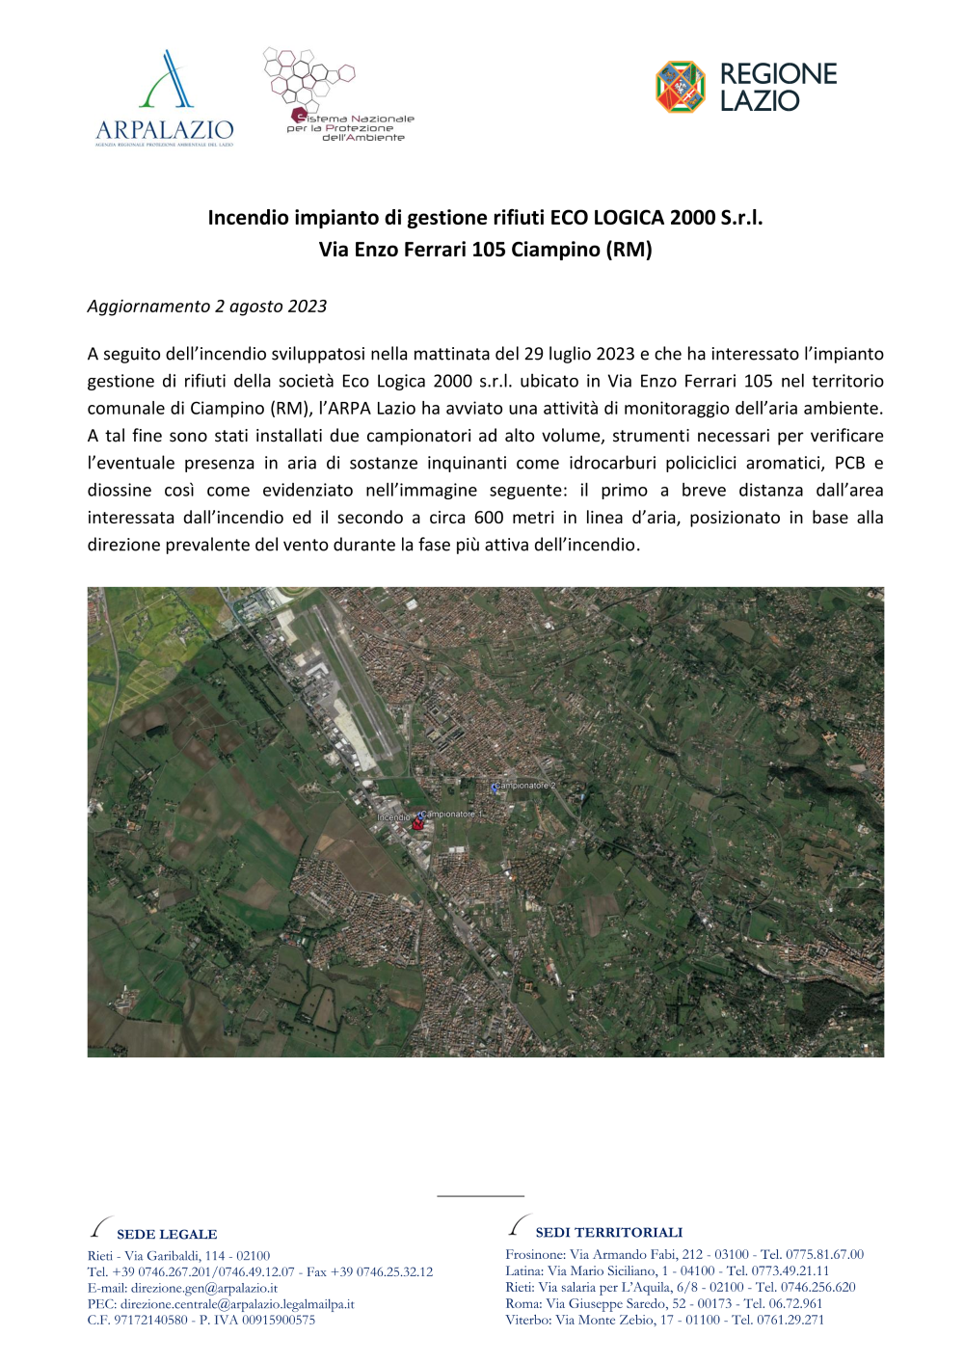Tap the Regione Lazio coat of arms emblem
click(681, 87)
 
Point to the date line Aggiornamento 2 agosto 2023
click(207, 307)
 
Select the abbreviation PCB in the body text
click(849, 463)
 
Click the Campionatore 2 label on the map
click(526, 786)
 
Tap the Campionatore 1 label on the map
click(453, 815)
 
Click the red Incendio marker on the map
click(416, 825)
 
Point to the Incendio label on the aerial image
click(393, 817)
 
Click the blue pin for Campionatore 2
click(495, 788)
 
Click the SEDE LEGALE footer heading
click(167, 1234)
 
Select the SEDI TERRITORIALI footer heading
click(608, 1232)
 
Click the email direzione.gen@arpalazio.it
click(204, 1288)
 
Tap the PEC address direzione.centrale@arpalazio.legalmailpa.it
click(237, 1304)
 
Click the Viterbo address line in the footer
click(664, 1320)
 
